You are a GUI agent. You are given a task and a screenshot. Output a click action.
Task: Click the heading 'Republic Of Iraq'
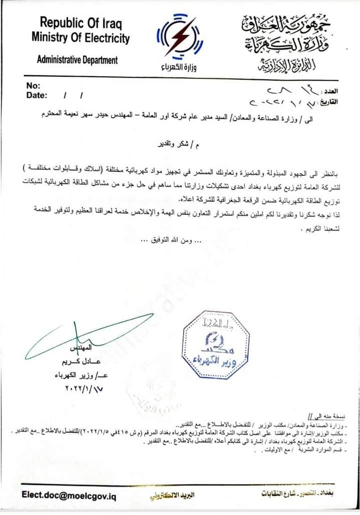tap(81, 23)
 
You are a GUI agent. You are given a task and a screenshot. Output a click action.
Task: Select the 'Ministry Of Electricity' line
tap(81, 38)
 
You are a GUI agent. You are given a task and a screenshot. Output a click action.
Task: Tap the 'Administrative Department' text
tap(78, 60)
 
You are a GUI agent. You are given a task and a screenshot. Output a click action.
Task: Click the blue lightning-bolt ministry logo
tap(180, 38)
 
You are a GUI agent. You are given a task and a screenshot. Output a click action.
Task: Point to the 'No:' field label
tap(33, 85)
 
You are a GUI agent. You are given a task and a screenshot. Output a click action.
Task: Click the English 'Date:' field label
tap(37, 95)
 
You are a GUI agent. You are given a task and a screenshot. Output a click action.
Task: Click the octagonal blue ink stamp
tap(215, 344)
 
